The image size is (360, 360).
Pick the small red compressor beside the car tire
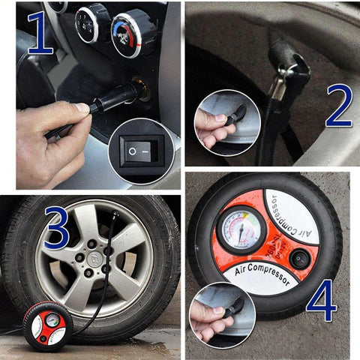click(45, 325)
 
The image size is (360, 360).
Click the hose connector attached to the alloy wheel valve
click(112, 219)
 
